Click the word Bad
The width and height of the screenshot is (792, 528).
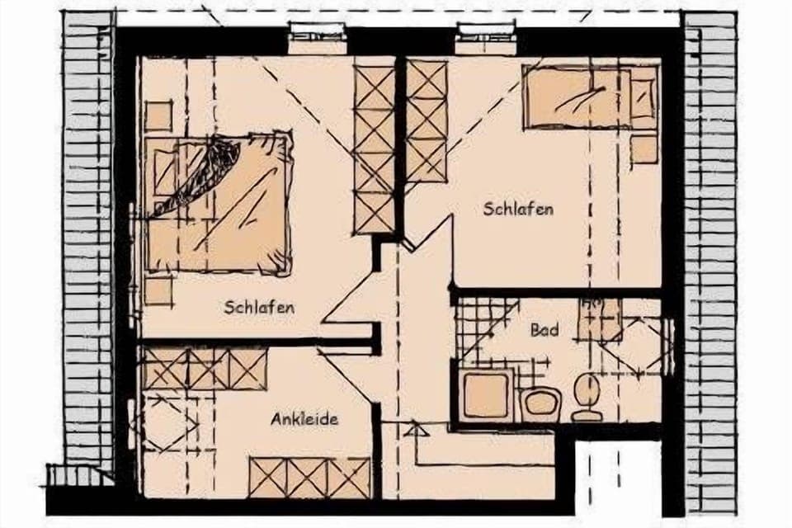[544, 331]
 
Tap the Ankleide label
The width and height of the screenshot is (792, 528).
[304, 419]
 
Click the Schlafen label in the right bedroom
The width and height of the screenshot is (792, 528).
[518, 209]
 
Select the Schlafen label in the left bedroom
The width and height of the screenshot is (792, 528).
[259, 307]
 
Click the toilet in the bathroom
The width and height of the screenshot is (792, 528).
[587, 394]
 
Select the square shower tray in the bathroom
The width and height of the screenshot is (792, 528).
[486, 395]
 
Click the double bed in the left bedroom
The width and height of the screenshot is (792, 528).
[219, 203]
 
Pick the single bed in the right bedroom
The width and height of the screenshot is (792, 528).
[590, 98]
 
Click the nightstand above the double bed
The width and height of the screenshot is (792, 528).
[158, 115]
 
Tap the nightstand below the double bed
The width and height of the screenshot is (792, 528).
[158, 290]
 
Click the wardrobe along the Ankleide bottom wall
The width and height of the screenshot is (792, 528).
[310, 478]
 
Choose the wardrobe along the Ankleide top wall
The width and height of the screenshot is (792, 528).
[205, 368]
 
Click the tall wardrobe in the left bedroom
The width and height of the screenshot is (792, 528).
[374, 148]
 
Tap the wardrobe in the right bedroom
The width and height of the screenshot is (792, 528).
[427, 121]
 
